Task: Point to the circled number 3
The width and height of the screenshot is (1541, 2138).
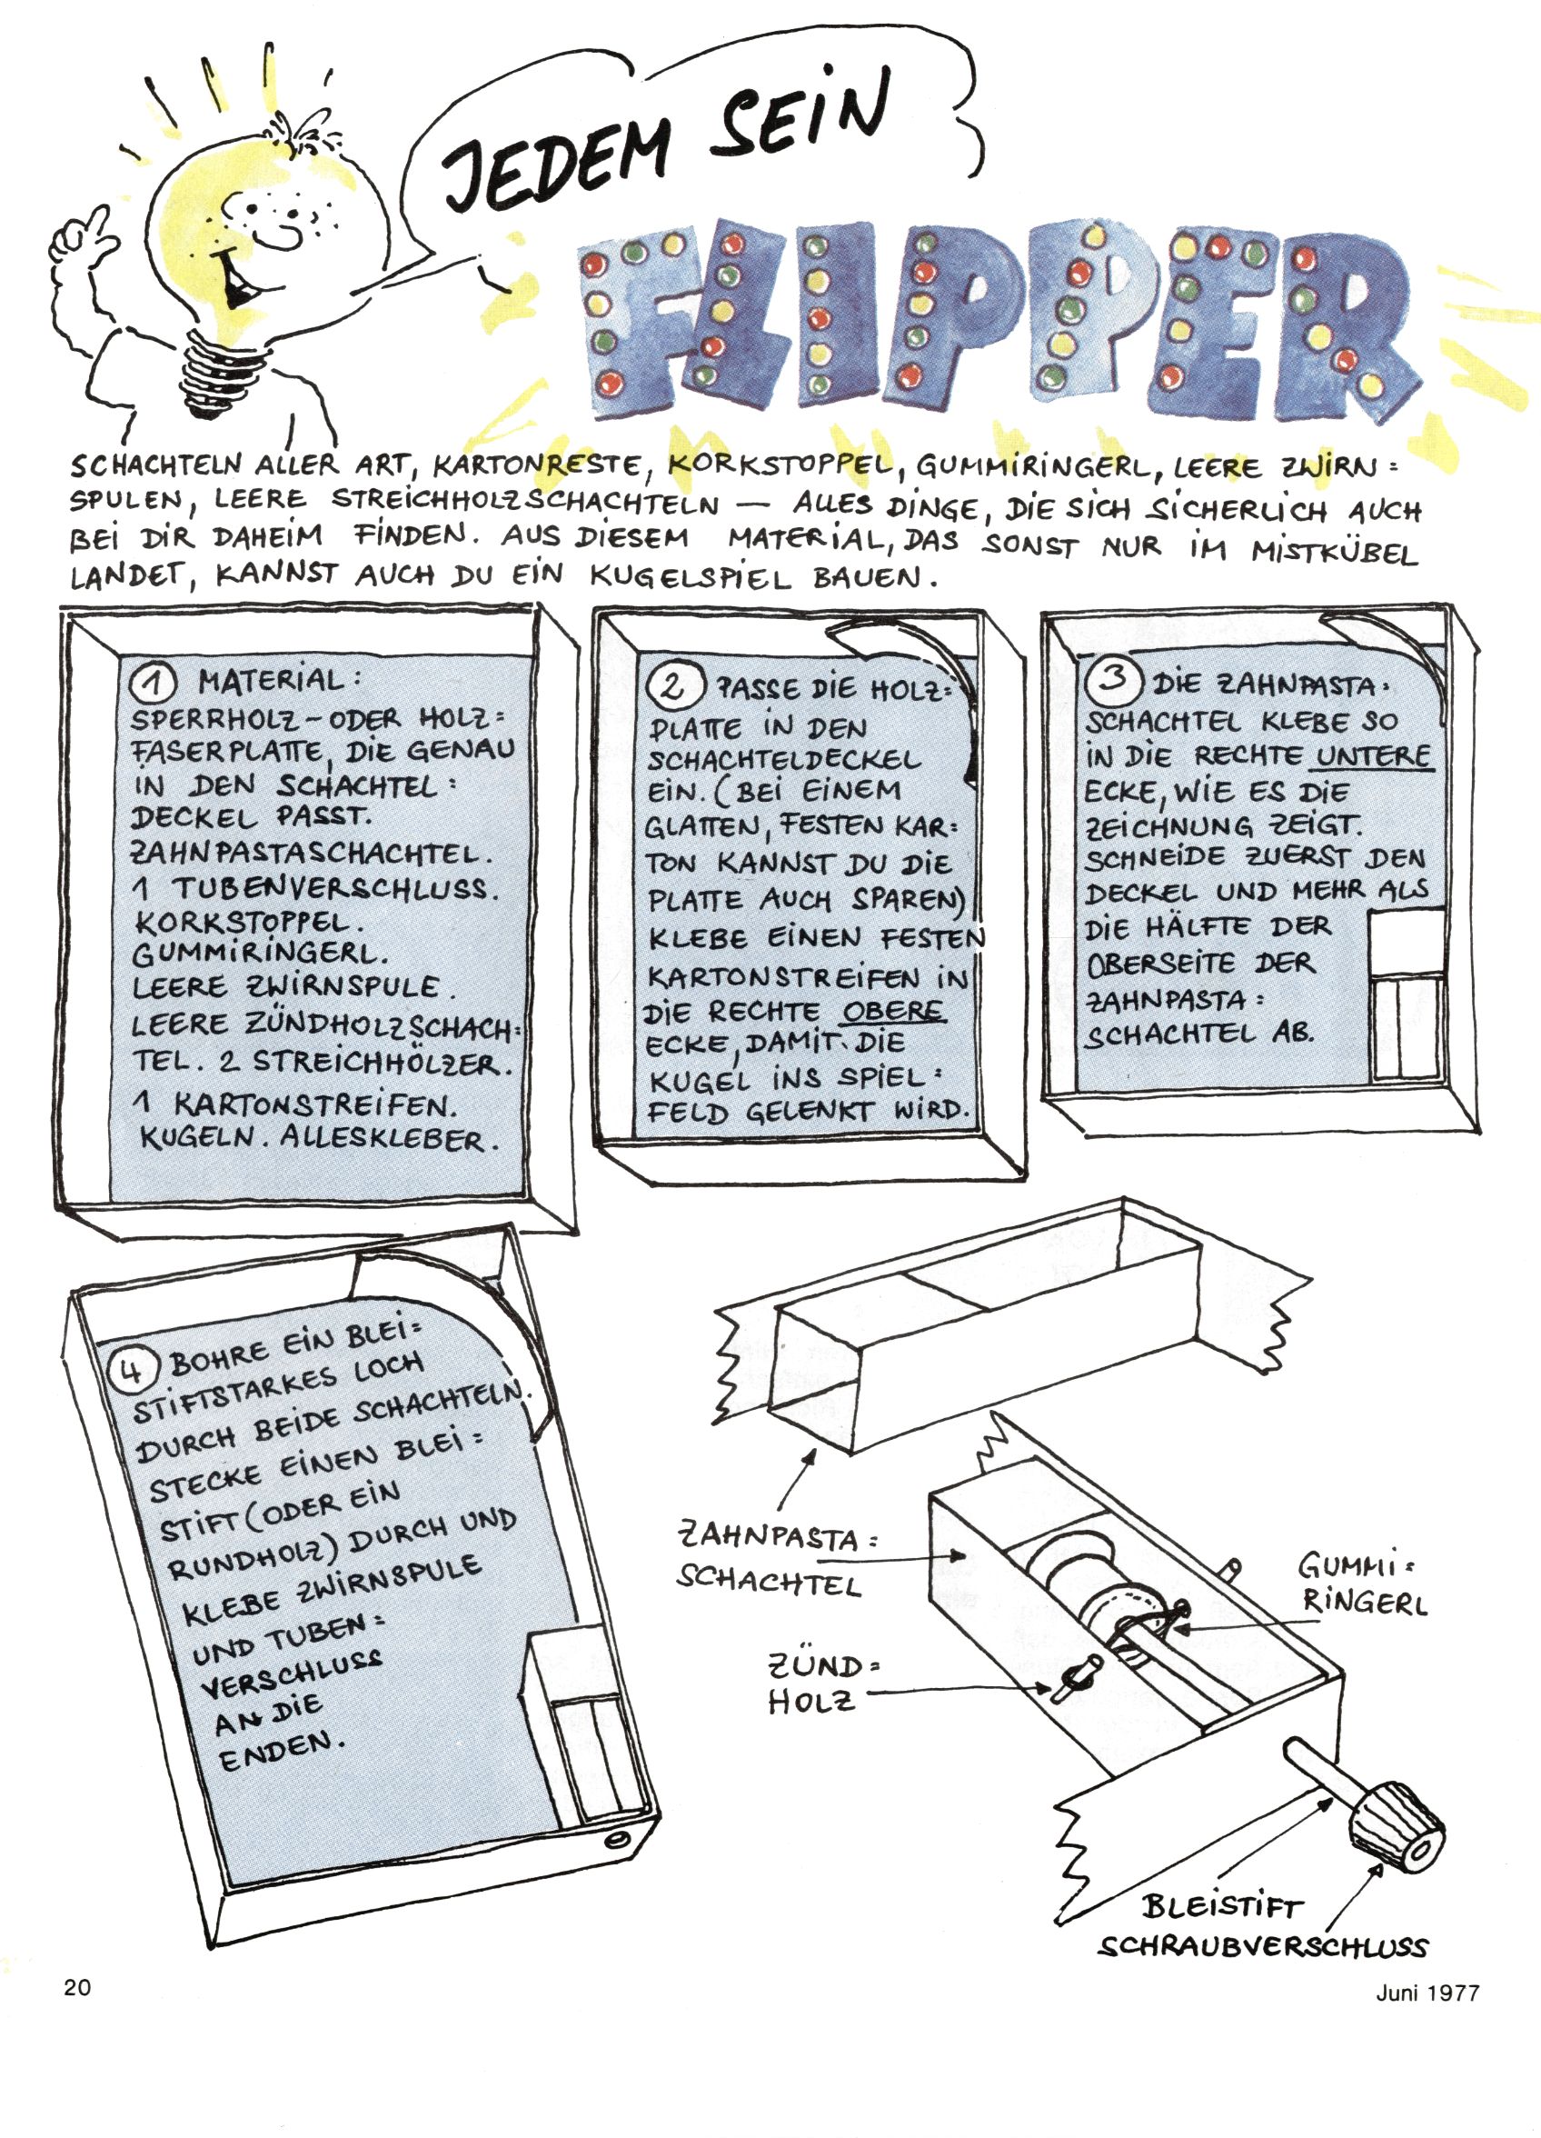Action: [1113, 678]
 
